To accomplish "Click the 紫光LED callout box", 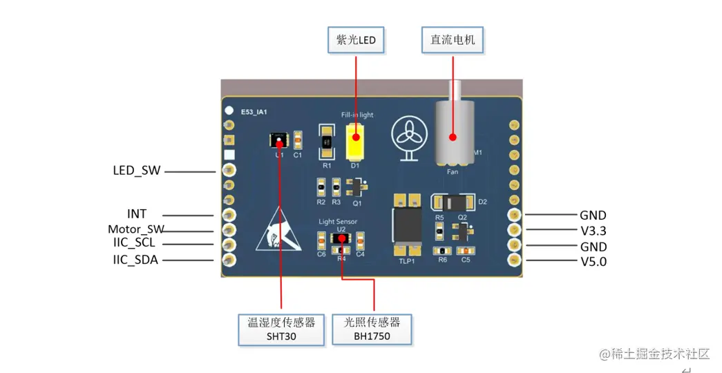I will (356, 40).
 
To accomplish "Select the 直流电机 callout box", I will (453, 40).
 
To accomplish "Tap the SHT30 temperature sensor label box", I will (281, 329).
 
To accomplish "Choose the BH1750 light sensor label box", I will (372, 329).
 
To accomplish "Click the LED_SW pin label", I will (137, 170).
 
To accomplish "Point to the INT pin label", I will (137, 214).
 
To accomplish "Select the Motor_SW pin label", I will (135, 229).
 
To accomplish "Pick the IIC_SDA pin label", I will (135, 260).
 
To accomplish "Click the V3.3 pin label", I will (593, 231).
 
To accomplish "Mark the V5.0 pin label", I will (593, 262).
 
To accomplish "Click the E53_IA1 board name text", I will (254, 111).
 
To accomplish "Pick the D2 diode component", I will (454, 203).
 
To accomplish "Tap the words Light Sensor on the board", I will (338, 222).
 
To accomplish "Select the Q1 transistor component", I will (357, 186).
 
